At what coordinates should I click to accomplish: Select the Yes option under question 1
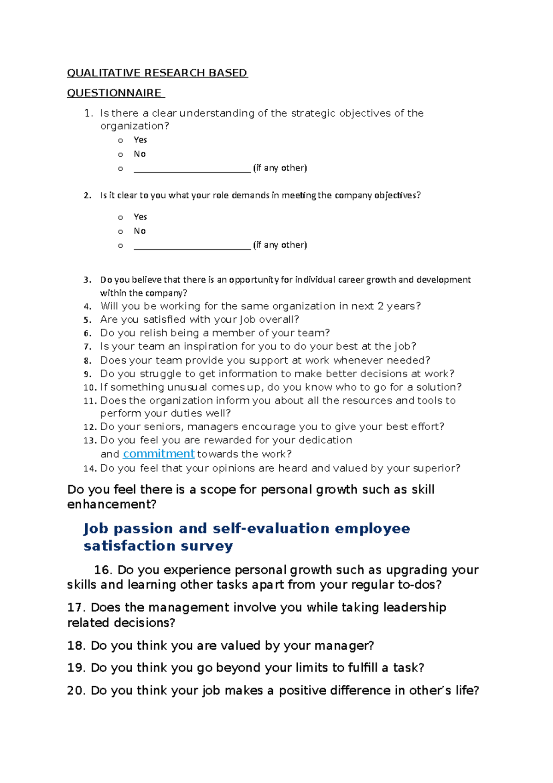[140, 140]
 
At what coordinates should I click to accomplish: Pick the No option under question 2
[140, 231]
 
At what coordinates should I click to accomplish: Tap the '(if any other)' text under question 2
[280, 245]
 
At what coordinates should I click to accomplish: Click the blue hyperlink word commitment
[159, 454]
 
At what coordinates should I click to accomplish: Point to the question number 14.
[89, 469]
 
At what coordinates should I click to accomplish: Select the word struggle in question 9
[161, 374]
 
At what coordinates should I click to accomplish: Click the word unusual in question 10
[187, 387]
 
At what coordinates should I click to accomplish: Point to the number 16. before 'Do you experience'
[103, 570]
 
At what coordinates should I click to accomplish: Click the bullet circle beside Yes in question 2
[121, 217]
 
